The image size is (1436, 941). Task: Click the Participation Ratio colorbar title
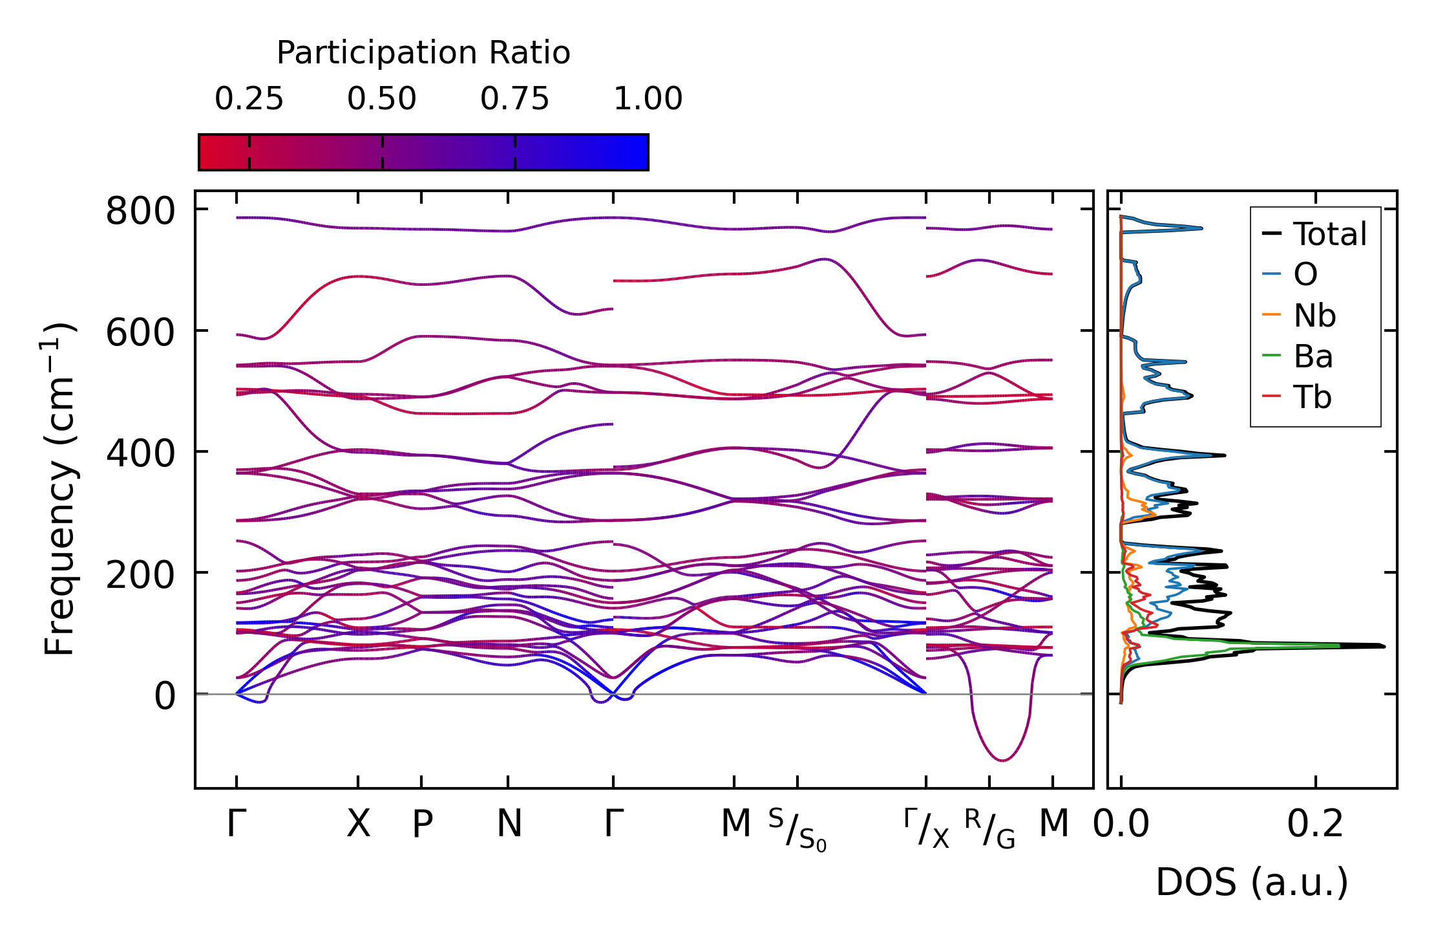click(423, 53)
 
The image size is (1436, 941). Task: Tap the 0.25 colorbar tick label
click(249, 99)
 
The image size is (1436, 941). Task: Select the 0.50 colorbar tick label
click(382, 99)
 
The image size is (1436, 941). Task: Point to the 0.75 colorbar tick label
click(514, 99)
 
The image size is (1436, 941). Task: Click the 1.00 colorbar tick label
click(648, 99)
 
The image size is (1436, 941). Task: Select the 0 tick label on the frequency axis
click(165, 697)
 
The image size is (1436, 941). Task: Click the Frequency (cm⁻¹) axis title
click(59, 489)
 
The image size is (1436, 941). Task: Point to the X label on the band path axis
click(359, 824)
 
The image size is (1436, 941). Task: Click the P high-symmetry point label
click(422, 824)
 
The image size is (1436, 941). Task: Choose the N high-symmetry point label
click(509, 824)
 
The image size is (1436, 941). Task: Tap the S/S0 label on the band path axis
click(797, 829)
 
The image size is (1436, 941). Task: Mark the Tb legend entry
click(1312, 397)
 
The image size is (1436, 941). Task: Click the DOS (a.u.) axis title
click(1252, 882)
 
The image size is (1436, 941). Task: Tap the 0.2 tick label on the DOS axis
click(1315, 824)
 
